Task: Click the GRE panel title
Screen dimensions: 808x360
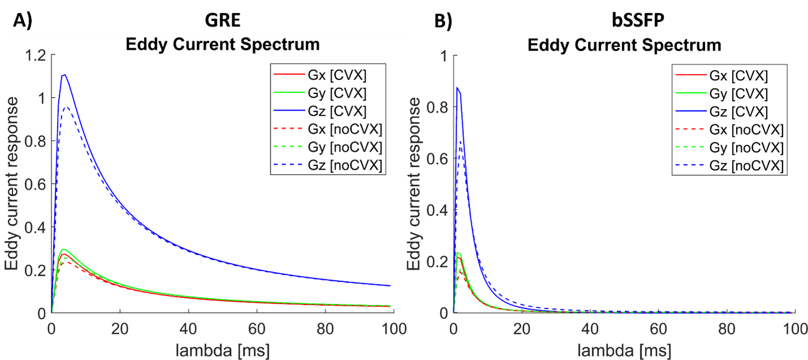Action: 223,20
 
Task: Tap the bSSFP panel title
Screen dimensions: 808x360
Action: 638,20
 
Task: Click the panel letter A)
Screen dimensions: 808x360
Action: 23,20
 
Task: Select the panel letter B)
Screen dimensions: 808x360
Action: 443,21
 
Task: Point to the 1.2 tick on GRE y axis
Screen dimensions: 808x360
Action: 36,55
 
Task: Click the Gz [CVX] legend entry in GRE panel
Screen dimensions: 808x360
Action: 320,111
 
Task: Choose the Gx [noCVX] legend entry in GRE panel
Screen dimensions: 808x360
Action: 328,129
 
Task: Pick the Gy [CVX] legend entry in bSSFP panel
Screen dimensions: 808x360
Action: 722,94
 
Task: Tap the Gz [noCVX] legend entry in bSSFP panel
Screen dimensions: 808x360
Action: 729,166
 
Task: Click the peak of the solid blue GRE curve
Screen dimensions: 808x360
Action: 64,75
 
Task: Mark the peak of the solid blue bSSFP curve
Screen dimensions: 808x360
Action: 457,87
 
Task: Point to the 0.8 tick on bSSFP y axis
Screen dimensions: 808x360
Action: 437,107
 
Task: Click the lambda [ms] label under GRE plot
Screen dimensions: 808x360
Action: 223,350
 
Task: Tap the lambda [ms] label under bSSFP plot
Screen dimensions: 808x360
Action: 624,350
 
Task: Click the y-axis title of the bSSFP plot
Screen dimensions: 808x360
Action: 414,184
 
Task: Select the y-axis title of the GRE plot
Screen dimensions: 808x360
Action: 11,184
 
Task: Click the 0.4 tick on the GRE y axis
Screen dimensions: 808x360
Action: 36,227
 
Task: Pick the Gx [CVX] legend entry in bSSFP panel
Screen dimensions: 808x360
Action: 722,76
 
